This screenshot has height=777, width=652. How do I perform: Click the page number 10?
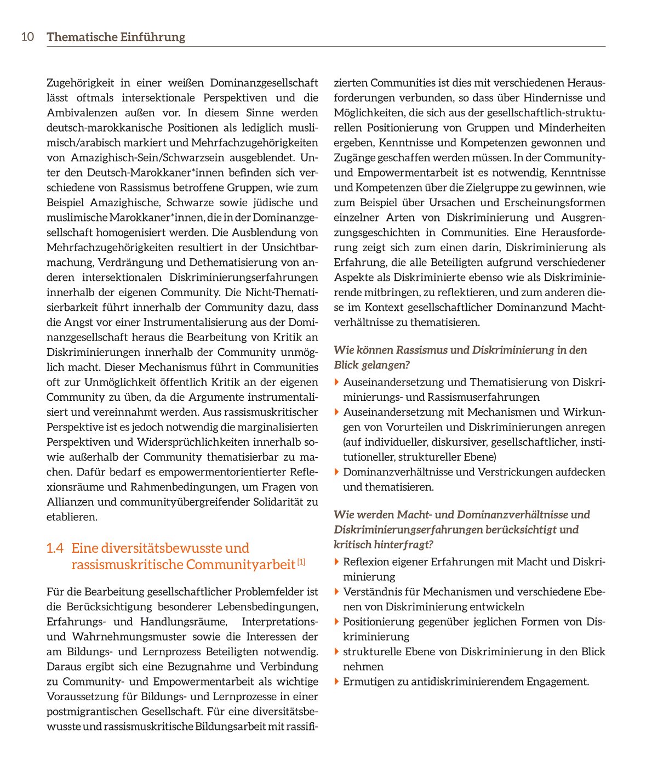pyautogui.click(x=27, y=37)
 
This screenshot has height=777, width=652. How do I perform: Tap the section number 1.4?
pyautogui.click(x=55, y=548)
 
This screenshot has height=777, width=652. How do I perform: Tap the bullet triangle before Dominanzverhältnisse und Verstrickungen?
pyautogui.click(x=337, y=472)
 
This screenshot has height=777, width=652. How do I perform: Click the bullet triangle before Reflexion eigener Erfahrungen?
pyautogui.click(x=337, y=562)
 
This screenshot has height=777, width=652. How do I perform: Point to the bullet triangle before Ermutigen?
pyautogui.click(x=337, y=682)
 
